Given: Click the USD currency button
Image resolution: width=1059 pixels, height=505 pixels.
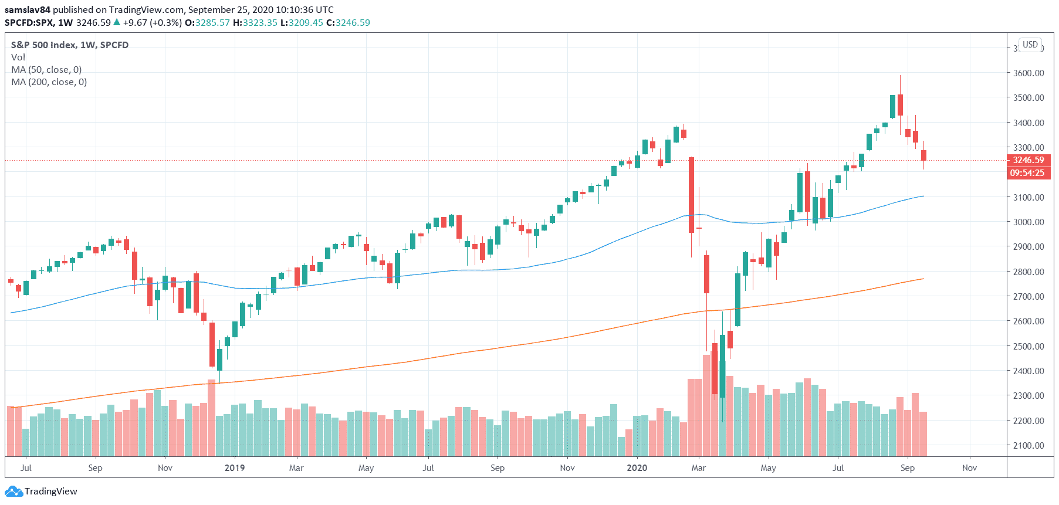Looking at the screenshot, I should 1030,45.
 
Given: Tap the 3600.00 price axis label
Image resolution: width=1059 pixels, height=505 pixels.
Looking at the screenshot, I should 1028,73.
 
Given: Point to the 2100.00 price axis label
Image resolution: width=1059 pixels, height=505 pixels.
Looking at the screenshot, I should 1028,445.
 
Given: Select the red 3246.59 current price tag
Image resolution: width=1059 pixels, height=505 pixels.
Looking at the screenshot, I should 1028,160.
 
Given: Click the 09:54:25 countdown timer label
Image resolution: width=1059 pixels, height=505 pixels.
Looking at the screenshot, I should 1027,173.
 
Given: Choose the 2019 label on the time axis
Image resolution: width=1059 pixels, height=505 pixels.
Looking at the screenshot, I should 235,468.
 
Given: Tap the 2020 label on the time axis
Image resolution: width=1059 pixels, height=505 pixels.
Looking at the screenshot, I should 637,468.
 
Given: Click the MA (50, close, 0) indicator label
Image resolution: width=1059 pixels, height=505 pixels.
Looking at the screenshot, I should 46,70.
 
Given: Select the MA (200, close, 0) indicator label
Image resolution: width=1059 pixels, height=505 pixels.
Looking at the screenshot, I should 49,82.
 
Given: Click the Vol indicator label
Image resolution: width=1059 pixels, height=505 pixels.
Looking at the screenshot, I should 18,57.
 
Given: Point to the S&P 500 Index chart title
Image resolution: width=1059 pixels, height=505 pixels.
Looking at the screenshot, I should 70,45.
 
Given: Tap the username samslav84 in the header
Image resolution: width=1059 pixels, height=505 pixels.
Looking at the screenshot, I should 28,10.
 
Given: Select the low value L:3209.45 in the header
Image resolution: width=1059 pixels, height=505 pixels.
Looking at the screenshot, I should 302,23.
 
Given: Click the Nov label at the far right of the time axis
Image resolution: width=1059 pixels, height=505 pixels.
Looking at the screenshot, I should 969,468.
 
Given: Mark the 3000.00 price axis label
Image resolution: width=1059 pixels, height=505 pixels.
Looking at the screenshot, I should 1028,222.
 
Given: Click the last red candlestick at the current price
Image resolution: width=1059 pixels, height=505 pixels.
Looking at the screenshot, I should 923,155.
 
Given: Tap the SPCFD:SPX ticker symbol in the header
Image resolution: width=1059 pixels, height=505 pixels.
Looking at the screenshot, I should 29,23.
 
